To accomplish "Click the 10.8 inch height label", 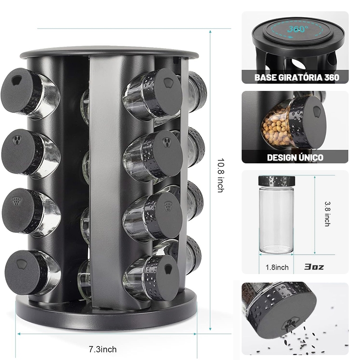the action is tap(220, 175).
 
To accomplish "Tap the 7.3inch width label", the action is tap(103, 349).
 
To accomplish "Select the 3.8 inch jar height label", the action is tap(328, 214).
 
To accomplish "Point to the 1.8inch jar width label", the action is tap(277, 267).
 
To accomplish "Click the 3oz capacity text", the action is tap(314, 267).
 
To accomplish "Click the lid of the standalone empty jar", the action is tap(277, 181).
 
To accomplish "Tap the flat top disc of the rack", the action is tap(109, 53).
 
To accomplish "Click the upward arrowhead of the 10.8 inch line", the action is tap(210, 31).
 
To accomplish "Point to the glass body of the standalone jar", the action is tap(276, 220).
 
